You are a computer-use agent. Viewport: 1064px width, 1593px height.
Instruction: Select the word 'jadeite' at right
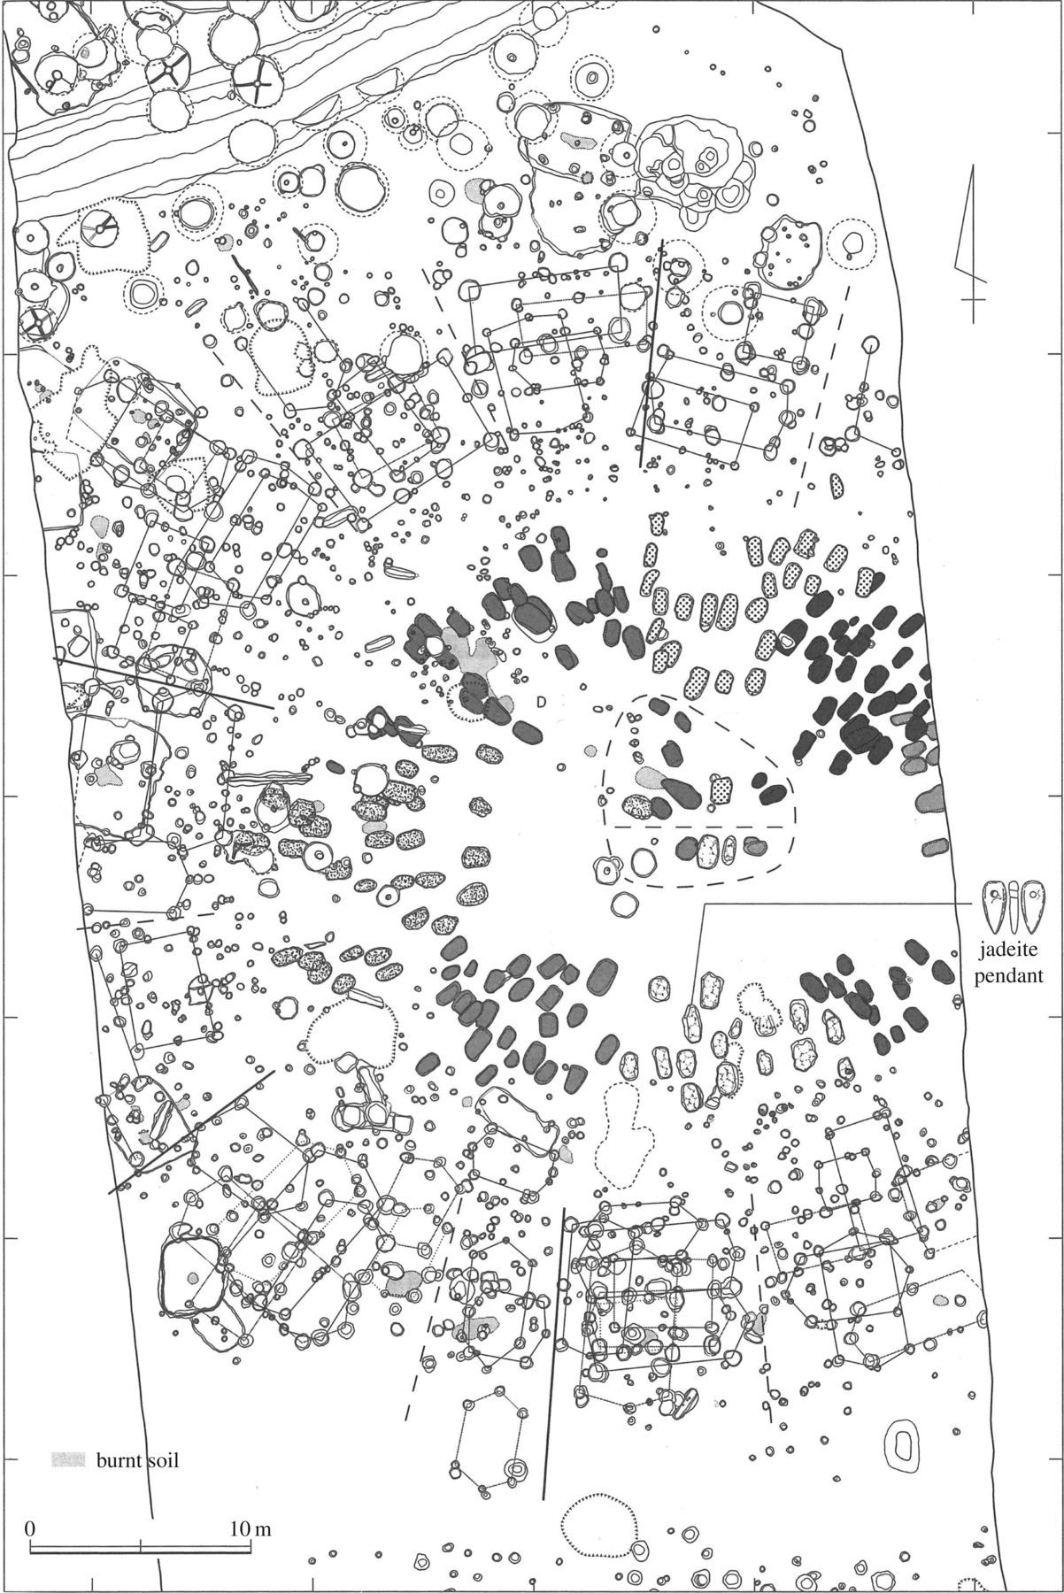tap(1008, 953)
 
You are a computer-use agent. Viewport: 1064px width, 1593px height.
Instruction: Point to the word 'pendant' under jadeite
tap(1008, 978)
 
